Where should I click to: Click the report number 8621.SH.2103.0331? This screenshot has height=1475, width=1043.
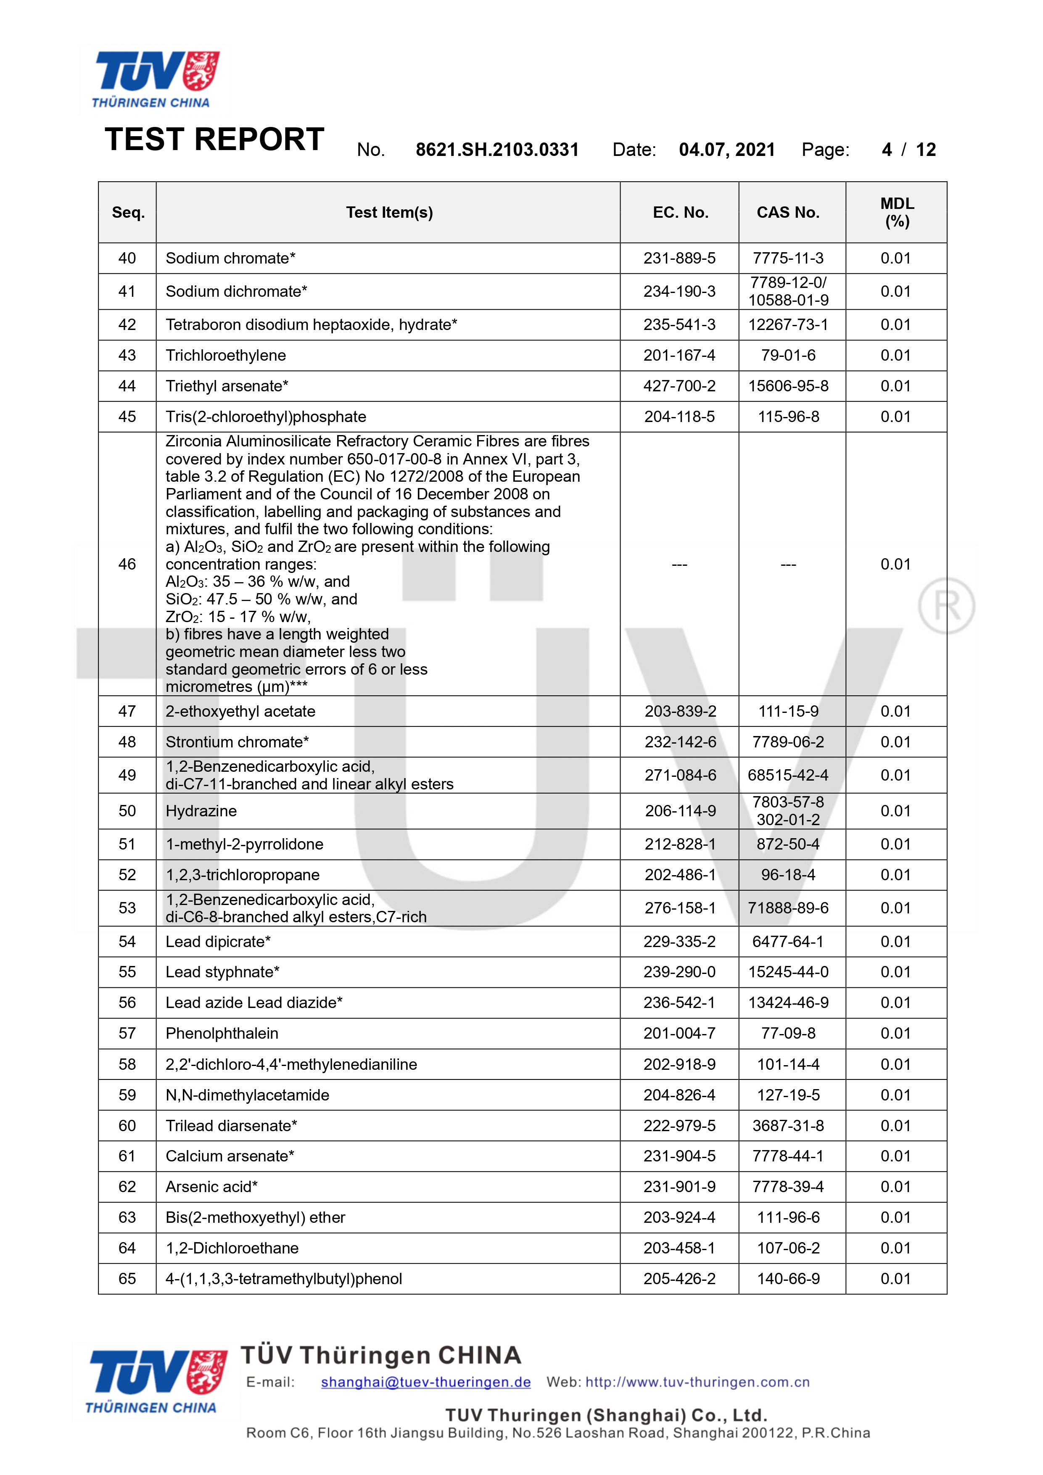point(497,150)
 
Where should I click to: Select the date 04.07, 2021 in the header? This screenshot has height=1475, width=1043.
point(727,150)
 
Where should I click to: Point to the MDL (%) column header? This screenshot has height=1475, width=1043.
point(896,213)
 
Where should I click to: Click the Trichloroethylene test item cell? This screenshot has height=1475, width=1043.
point(226,355)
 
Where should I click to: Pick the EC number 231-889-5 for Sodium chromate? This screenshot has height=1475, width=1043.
point(679,258)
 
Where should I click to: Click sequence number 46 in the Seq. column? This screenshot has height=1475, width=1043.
point(127,564)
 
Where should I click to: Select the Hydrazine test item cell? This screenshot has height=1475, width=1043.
point(201,811)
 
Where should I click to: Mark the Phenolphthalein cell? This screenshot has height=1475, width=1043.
point(222,1033)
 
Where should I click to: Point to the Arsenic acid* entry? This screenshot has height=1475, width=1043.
point(211,1187)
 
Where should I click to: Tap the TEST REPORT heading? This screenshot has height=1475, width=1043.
point(214,140)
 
